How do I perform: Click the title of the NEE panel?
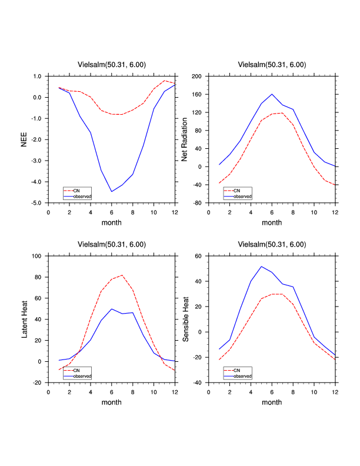coord(112,65)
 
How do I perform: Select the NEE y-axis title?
coord(24,139)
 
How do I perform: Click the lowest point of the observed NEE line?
coord(112,191)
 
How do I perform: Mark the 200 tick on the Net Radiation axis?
coord(197,76)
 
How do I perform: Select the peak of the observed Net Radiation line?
coord(272,94)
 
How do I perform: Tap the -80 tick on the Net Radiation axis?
coord(197,203)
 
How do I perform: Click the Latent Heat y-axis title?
coord(24,319)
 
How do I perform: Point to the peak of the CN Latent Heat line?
coord(122,275)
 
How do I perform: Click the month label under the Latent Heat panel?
coord(112,402)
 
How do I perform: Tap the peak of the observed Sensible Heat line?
coord(261,267)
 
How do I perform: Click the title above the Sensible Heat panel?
coord(272,244)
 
